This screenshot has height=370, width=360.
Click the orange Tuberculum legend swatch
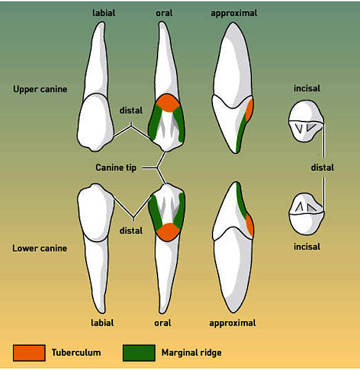tap(29, 353)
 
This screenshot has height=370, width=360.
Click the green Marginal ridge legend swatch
tap(139, 353)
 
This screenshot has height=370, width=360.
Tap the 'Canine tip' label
tap(115, 168)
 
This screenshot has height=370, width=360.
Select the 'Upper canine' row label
tap(40, 89)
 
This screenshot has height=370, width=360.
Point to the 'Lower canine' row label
tap(40, 249)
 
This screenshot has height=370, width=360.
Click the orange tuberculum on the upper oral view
tap(168, 103)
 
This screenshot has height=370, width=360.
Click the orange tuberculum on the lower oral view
tap(168, 232)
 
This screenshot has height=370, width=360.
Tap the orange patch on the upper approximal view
tap(249, 110)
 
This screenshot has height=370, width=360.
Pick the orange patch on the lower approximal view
tap(250, 225)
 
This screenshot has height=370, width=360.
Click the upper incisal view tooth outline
tap(306, 121)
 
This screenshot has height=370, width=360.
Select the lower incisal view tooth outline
tap(306, 214)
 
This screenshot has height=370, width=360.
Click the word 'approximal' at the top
tap(234, 13)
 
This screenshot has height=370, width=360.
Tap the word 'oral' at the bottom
tap(163, 323)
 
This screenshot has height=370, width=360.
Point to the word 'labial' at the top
tap(104, 13)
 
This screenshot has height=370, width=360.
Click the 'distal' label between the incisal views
tap(322, 168)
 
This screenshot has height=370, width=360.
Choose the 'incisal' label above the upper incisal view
tap(307, 88)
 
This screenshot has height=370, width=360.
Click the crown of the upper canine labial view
tap(96, 122)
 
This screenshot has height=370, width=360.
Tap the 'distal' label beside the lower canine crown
tap(131, 231)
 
